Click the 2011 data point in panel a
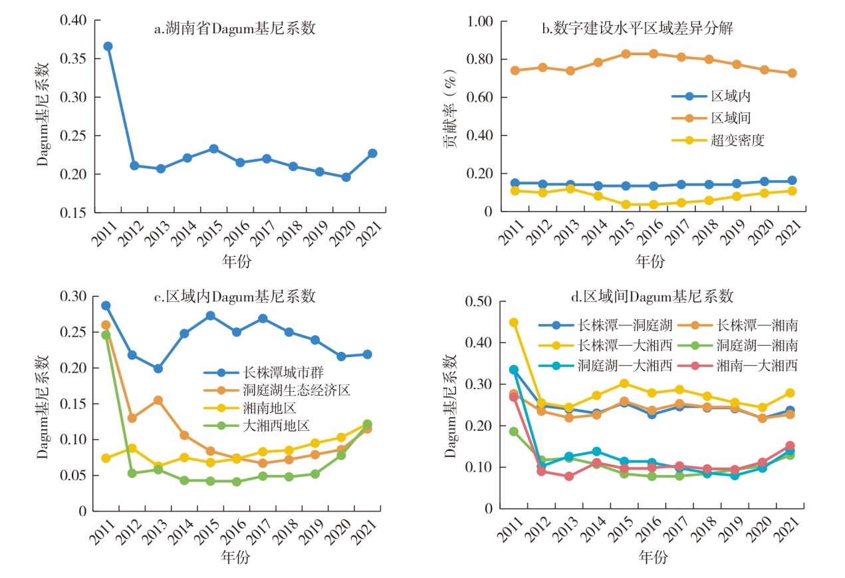108,46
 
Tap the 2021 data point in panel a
372,153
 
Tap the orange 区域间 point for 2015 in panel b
626,54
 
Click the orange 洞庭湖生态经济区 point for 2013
158,400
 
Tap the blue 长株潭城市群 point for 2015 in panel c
210,315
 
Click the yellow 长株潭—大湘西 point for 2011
513,323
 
